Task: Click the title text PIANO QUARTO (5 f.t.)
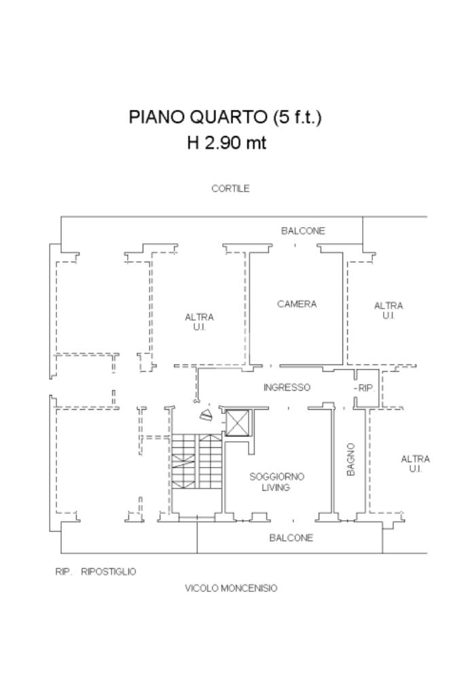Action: click(x=225, y=117)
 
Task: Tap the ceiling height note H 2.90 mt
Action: click(x=227, y=143)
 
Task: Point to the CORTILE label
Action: click(x=230, y=189)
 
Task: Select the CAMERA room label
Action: click(x=297, y=304)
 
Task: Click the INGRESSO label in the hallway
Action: click(x=287, y=387)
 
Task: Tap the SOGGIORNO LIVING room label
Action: click(x=276, y=482)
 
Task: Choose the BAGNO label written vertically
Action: click(x=351, y=459)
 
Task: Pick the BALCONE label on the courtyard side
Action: click(x=303, y=231)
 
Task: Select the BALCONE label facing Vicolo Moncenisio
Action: click(x=291, y=538)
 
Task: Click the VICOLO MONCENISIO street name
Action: click(x=231, y=588)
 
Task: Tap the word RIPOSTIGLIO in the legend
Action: click(x=108, y=572)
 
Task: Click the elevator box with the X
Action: click(x=238, y=423)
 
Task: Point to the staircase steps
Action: click(x=196, y=462)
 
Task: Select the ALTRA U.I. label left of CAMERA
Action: click(x=199, y=322)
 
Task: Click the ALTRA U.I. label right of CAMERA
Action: click(x=389, y=311)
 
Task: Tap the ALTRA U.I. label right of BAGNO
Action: click(x=415, y=464)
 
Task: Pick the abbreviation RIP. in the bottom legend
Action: click(x=63, y=572)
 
